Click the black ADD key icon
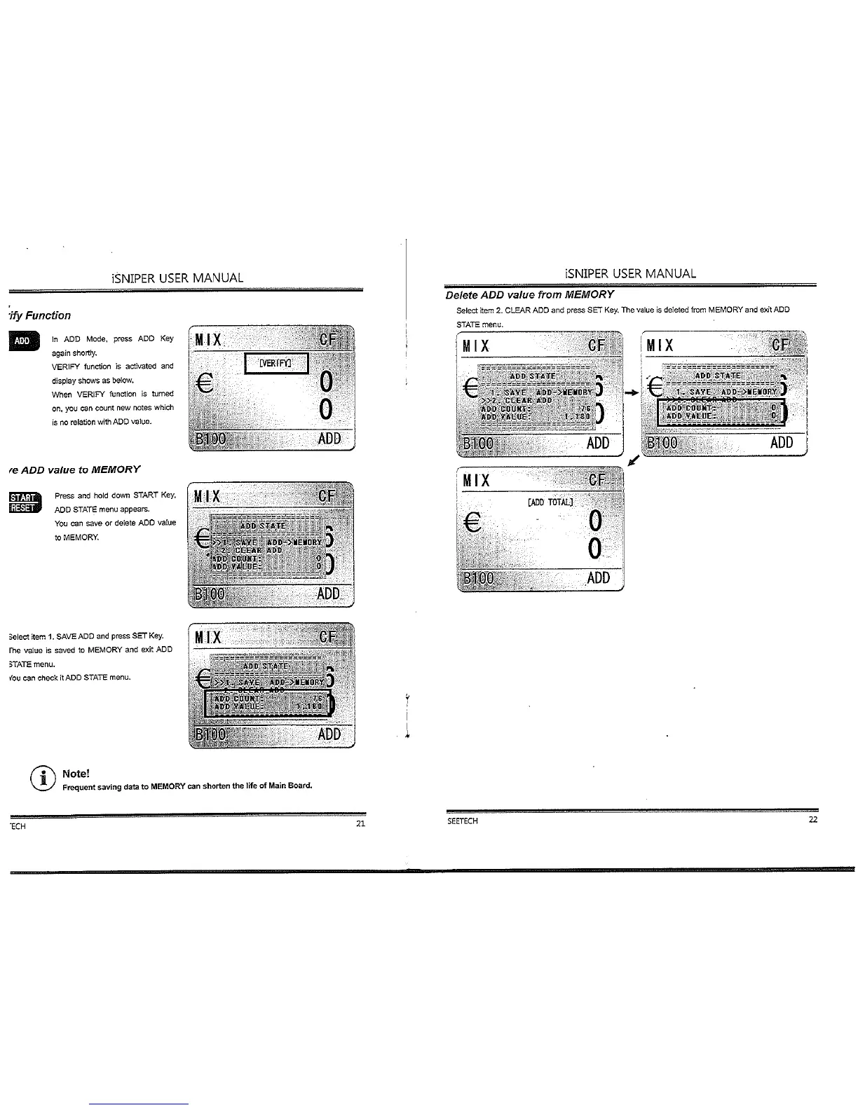(x=22, y=341)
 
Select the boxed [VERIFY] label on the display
(x=275, y=363)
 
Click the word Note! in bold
(x=76, y=774)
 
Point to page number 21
(x=360, y=823)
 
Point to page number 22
(x=812, y=820)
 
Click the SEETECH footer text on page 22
(x=463, y=821)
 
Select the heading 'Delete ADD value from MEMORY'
(x=529, y=294)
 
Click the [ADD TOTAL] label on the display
(x=550, y=502)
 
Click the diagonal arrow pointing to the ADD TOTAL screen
(x=633, y=460)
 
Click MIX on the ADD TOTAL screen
(x=476, y=481)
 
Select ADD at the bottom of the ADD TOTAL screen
(x=599, y=578)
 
